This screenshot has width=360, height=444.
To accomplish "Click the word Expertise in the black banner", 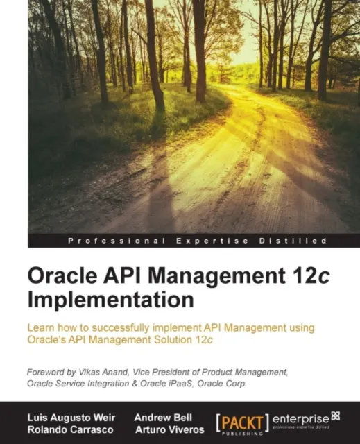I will (x=205, y=240).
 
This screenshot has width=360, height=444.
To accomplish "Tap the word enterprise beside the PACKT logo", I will (x=300, y=418).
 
